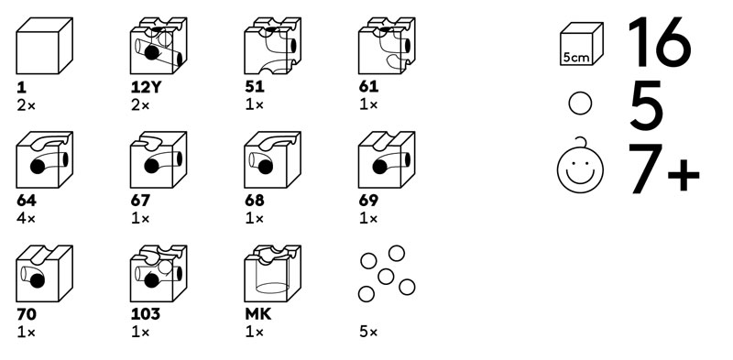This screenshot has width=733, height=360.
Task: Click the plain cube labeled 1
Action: tap(44, 46)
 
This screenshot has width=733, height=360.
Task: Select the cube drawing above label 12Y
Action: tap(159, 46)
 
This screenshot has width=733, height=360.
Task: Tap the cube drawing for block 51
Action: tap(272, 46)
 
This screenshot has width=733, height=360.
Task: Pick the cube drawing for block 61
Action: tap(387, 46)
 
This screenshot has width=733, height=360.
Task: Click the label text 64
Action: tap(27, 201)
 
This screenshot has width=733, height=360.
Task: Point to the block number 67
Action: tap(140, 201)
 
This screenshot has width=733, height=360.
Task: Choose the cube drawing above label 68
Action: tap(272, 160)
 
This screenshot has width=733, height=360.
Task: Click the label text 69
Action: tap(369, 201)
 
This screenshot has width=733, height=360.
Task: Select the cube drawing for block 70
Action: tap(44, 274)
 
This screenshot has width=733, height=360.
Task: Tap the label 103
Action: tap(146, 314)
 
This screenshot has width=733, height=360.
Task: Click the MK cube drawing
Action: tap(272, 274)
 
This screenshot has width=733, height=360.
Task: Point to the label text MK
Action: tap(258, 314)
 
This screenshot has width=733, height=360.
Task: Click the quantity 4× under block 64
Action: tap(27, 218)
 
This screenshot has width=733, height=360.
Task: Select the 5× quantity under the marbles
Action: tap(368, 333)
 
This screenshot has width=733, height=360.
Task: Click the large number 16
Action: tap(659, 41)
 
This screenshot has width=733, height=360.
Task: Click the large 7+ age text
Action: tap(664, 169)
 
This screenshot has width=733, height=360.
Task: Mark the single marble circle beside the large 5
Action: tap(580, 104)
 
